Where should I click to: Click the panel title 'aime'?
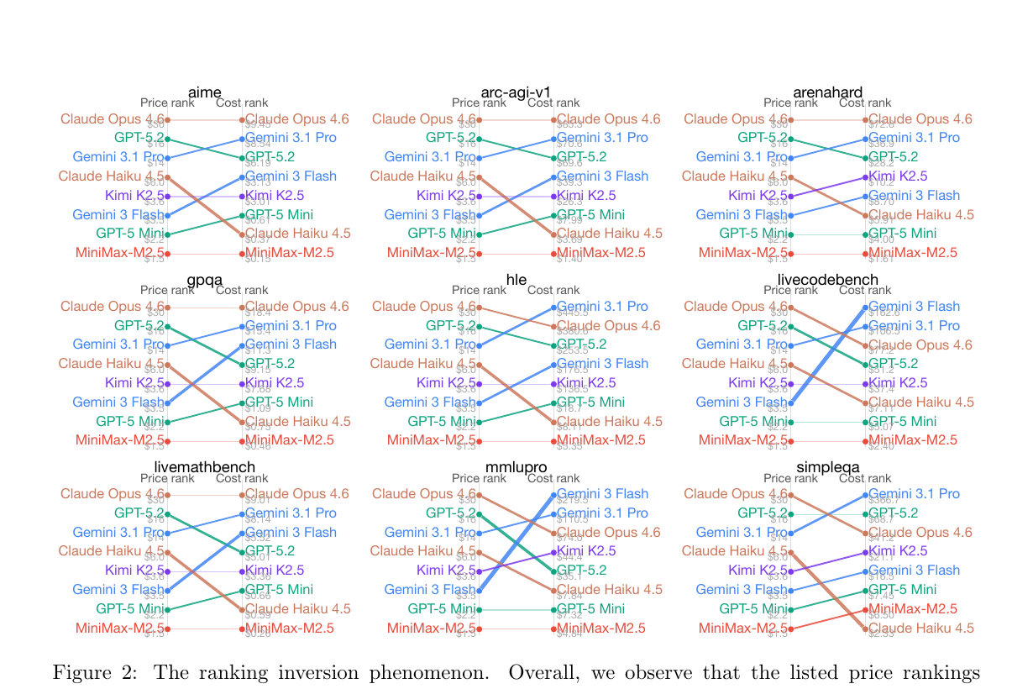click(205, 92)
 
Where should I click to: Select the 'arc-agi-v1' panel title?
click(516, 92)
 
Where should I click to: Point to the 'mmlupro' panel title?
click(516, 467)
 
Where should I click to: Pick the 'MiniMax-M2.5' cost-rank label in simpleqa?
click(912, 608)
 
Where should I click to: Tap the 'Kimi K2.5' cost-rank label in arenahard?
click(898, 176)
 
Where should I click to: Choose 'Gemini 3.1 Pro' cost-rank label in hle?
click(602, 307)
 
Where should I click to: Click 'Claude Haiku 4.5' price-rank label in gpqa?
click(113, 364)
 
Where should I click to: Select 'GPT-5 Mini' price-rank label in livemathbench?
click(129, 608)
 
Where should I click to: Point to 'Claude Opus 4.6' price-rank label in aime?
click(113, 119)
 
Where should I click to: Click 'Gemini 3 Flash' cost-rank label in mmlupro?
click(602, 494)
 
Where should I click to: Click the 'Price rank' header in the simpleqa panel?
click(790, 478)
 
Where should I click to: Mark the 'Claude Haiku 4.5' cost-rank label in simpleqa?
click(921, 628)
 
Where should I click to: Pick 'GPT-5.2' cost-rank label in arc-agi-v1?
click(581, 156)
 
